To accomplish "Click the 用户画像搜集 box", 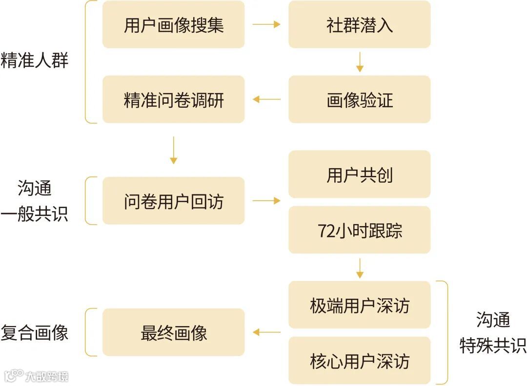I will (x=173, y=24).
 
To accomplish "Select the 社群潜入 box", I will (x=359, y=24).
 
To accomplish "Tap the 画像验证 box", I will (x=359, y=99).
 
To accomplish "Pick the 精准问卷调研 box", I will (x=173, y=99).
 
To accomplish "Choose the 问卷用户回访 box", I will (x=173, y=201).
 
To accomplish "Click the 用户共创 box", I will (x=359, y=174).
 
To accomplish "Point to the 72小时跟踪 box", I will (x=359, y=230).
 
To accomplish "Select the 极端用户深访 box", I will (x=359, y=305).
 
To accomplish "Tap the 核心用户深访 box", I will (x=359, y=361).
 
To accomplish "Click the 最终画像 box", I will (x=173, y=332).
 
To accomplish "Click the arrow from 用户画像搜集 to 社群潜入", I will (x=266, y=24).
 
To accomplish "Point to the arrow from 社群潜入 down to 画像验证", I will (x=360, y=62).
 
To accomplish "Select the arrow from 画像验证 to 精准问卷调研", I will (x=266, y=99).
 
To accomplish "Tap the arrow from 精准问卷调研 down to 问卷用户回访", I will (x=173, y=150).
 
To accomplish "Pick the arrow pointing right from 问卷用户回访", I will (x=266, y=201).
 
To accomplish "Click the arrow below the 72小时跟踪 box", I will (x=360, y=268).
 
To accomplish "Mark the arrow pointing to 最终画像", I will (x=266, y=332).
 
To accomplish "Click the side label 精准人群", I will (x=35, y=61).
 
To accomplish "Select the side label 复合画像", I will (x=35, y=333).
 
